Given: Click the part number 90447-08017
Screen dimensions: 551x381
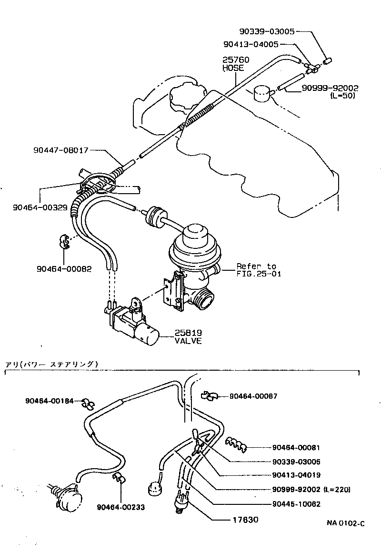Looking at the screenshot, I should [61, 150].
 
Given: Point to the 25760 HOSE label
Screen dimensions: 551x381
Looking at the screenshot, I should [235, 64].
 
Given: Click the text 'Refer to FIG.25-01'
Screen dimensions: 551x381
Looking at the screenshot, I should [256, 269].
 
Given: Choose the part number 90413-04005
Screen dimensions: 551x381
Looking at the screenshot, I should [251, 44].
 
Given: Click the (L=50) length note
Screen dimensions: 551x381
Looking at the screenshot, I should [342, 96].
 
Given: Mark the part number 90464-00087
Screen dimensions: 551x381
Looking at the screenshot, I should [253, 396].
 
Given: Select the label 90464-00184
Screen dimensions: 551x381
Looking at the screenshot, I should [50, 401].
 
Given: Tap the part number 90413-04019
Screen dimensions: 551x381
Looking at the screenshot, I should [296, 475].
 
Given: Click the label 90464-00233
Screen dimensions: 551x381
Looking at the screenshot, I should [120, 507].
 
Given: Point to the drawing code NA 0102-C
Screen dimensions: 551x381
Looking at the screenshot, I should [345, 523].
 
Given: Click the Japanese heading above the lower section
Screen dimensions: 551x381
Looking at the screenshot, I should [51, 364].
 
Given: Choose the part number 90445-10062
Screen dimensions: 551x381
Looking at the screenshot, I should [296, 504].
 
